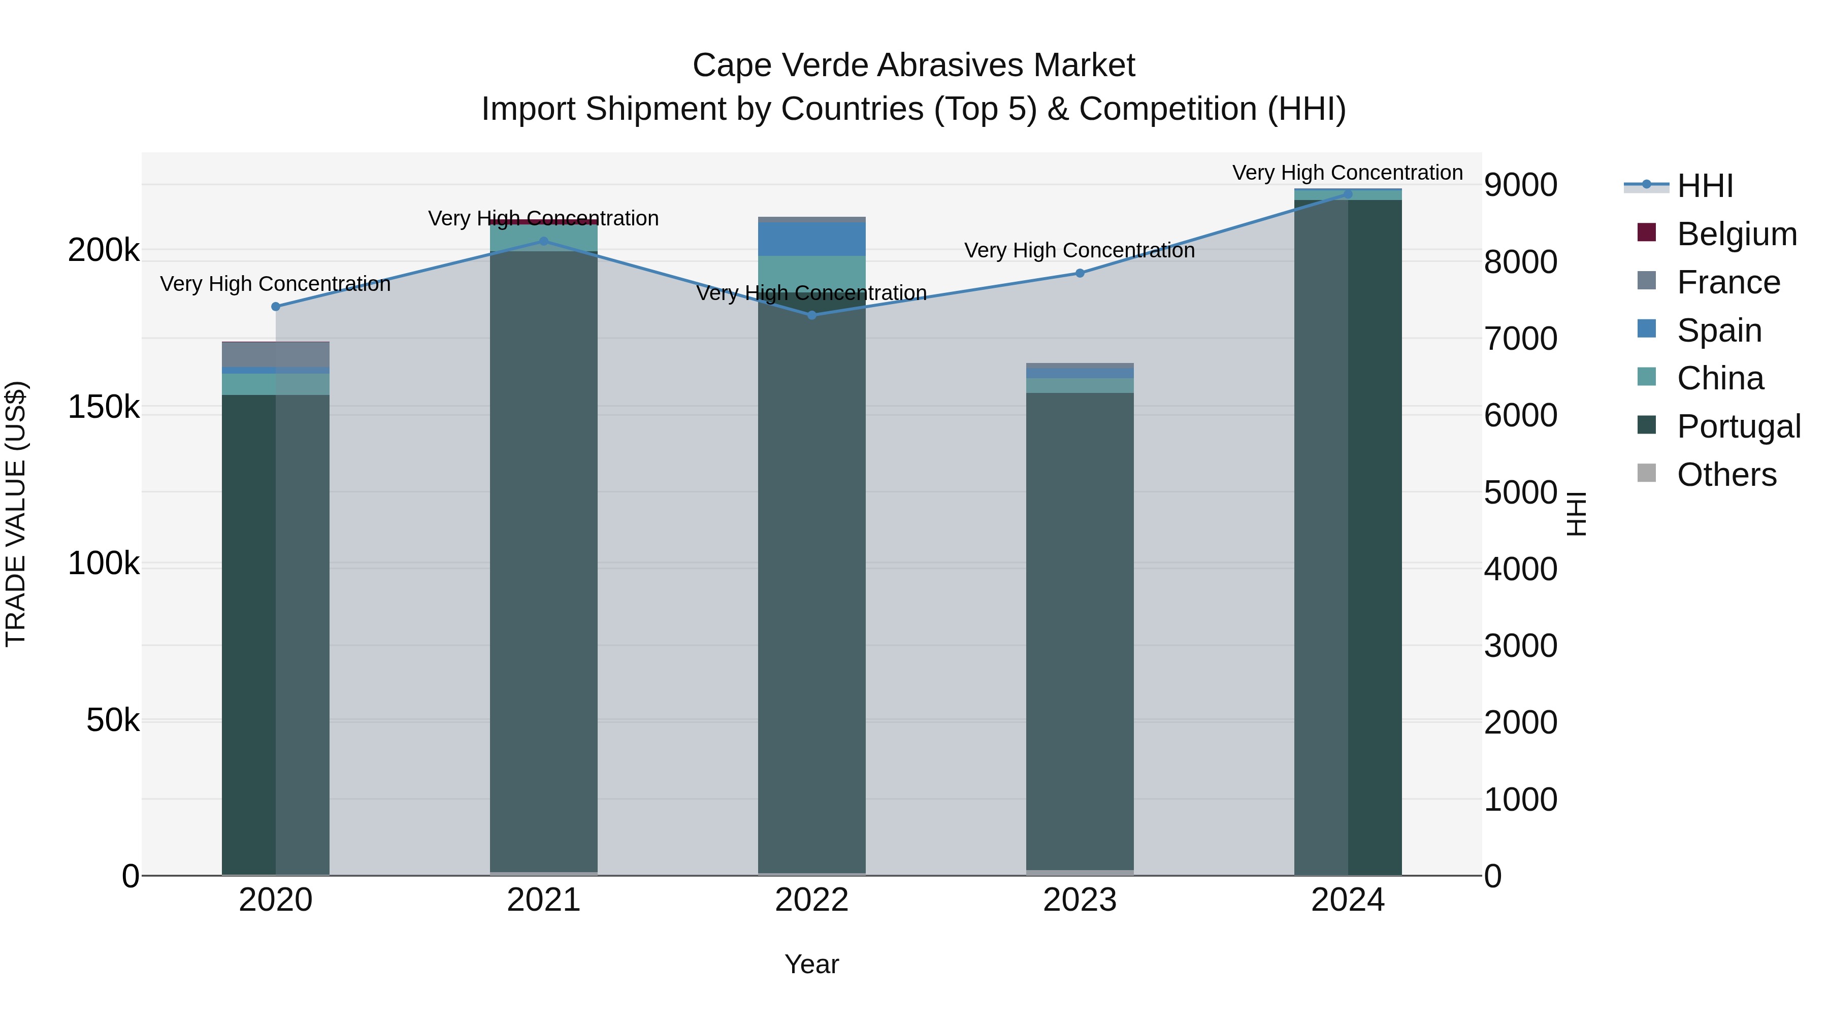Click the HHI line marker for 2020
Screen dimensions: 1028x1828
(276, 307)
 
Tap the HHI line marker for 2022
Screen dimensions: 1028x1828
(812, 315)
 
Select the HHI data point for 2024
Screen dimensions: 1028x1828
(1348, 194)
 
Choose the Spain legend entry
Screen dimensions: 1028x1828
(1719, 330)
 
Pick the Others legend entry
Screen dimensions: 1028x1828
(1726, 475)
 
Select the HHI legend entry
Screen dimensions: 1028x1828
(1705, 186)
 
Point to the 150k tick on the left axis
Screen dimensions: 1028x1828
(104, 407)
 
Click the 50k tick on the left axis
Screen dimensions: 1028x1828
(113, 721)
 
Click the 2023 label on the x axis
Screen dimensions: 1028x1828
(1080, 900)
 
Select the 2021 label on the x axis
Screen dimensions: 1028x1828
(543, 900)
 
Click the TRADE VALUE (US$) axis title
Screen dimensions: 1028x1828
(16, 514)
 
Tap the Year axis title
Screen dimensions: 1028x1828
(812, 964)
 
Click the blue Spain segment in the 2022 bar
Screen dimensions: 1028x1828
(812, 239)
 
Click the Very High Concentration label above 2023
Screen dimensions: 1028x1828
(1080, 250)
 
